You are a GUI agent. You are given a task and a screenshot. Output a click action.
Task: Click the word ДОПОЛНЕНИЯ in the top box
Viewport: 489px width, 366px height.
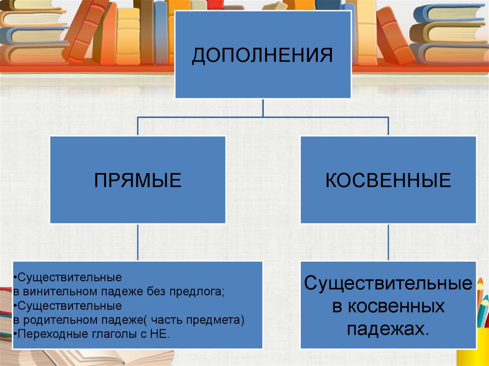coord(263,55)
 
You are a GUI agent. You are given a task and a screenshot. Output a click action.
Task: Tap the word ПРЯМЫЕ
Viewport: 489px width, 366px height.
coord(138,180)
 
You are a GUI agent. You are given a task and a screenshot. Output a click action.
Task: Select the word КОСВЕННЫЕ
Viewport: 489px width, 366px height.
coord(388,180)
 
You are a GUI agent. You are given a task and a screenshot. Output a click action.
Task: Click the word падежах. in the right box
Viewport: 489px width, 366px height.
coord(388,329)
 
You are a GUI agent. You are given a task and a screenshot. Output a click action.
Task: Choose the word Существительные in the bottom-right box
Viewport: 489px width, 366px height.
coord(388,283)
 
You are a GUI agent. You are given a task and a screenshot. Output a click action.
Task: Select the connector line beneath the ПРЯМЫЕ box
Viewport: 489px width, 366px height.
coord(138,242)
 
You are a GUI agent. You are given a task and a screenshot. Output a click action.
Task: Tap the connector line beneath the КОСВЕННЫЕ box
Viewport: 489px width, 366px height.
coord(388,242)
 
